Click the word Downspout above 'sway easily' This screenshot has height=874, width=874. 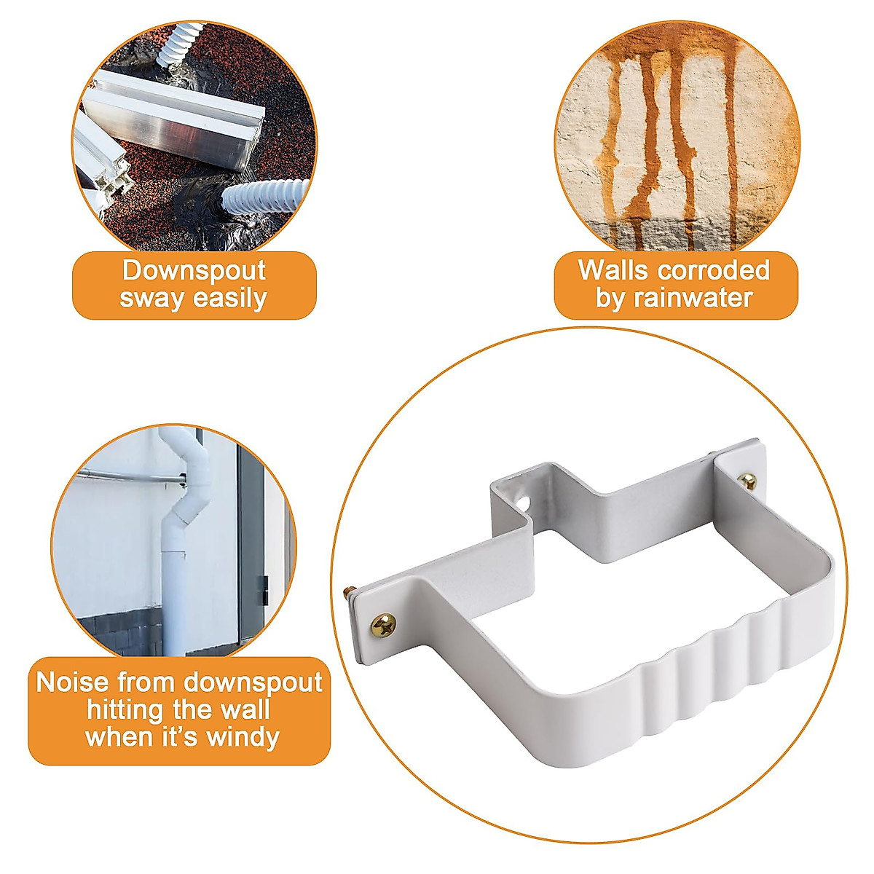tap(194, 271)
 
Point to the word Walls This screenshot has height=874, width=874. tap(613, 270)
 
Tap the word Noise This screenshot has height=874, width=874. tap(73, 682)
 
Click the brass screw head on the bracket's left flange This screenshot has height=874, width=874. tap(384, 624)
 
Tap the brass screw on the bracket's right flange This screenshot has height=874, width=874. tap(747, 480)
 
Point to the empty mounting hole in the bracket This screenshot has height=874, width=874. tap(524, 503)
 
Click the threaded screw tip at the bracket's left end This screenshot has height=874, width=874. tap(347, 591)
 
